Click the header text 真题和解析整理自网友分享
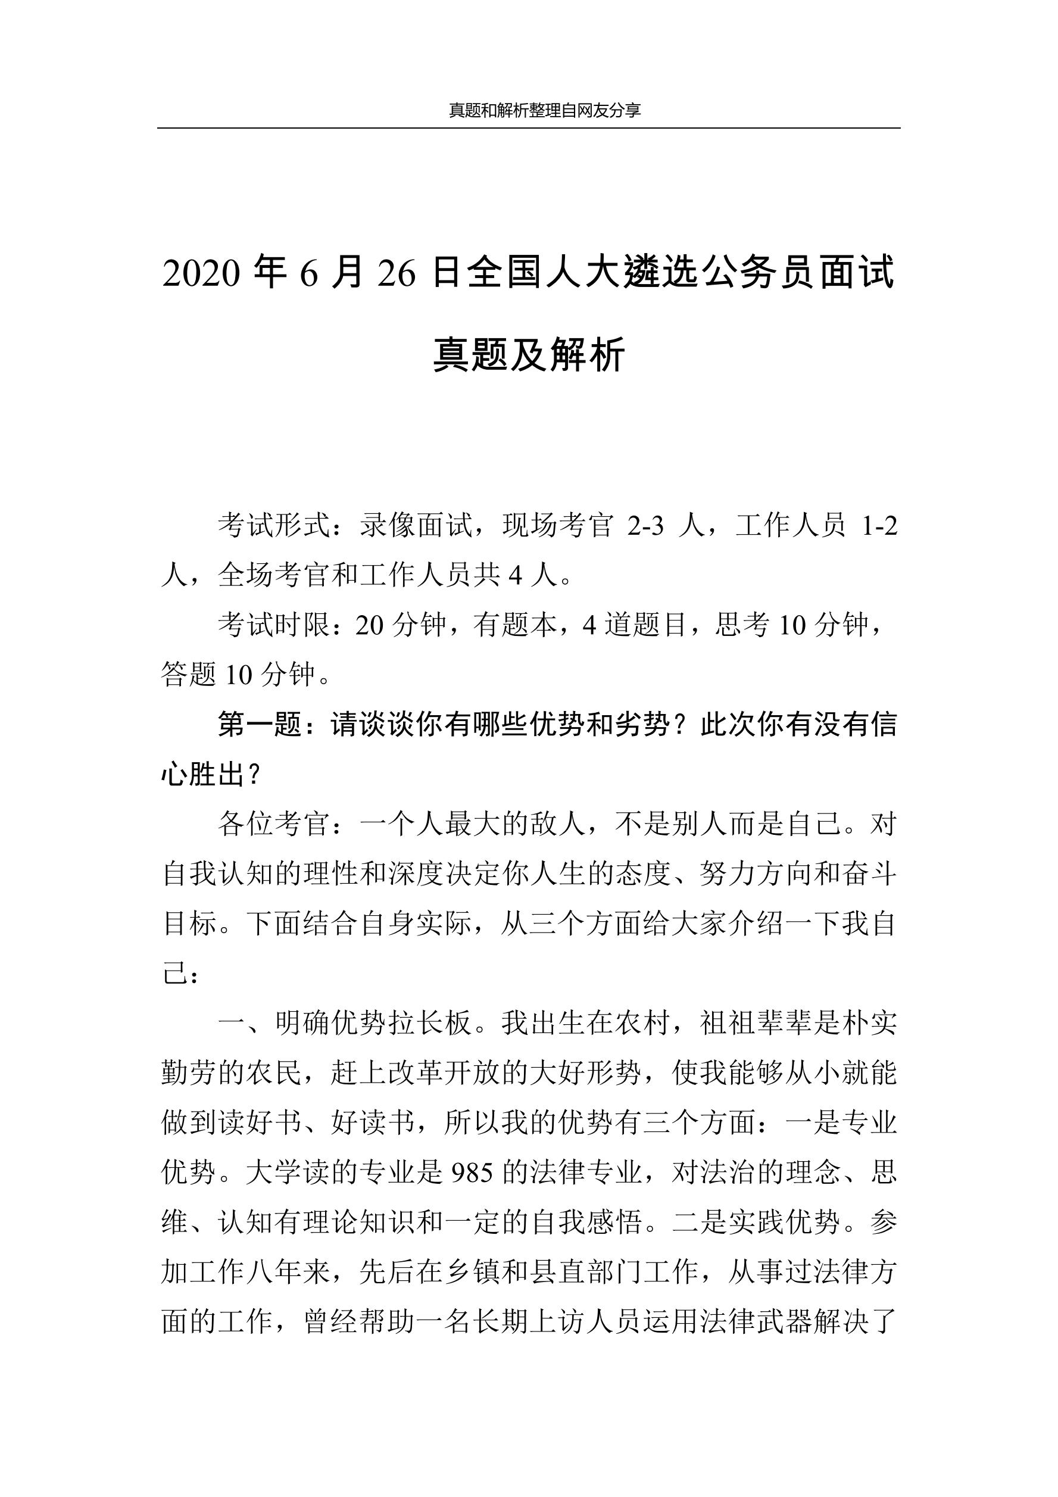coord(544,110)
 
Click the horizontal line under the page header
coord(529,129)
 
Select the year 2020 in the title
coord(201,273)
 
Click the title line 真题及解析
coord(529,355)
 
